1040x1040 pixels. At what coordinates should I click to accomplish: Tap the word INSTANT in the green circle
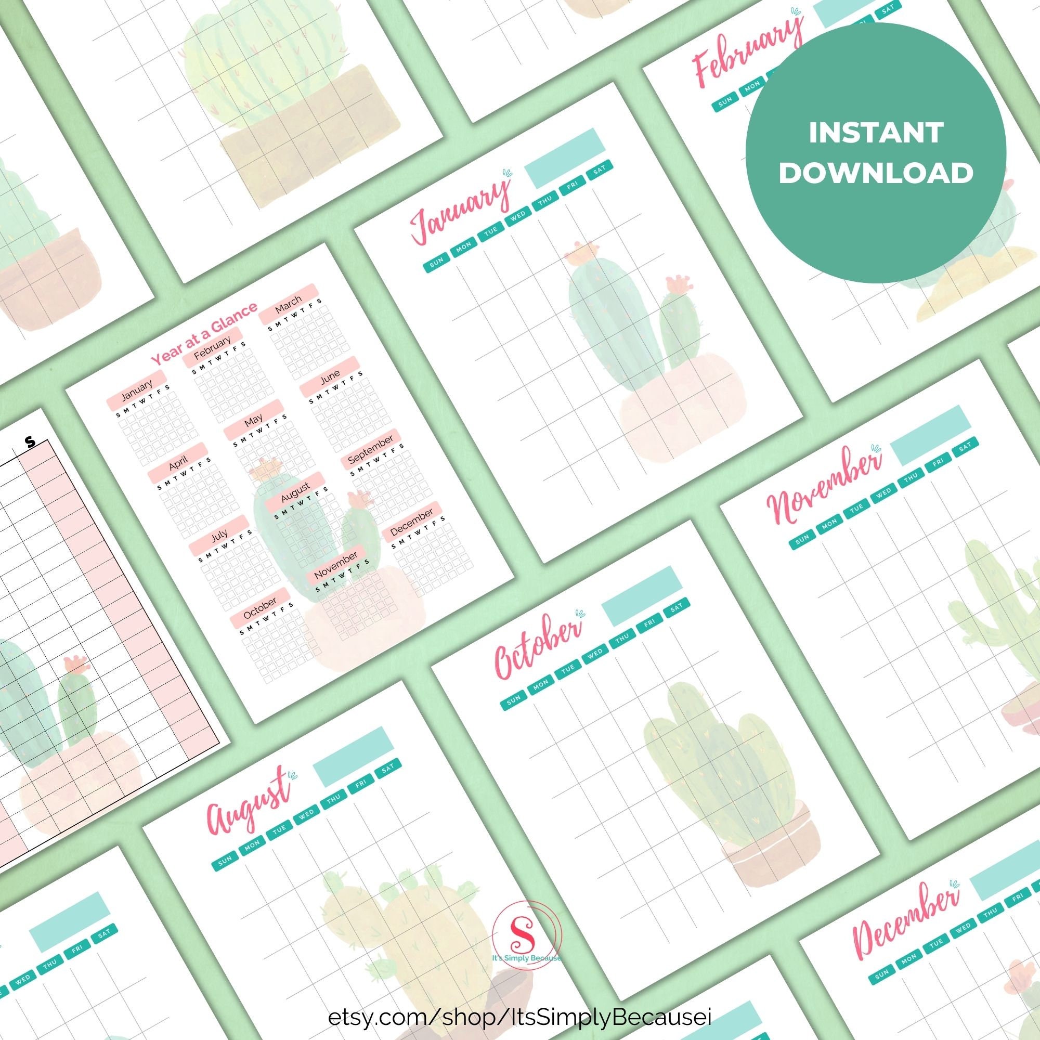pos(876,133)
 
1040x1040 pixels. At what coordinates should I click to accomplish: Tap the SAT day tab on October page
pos(677,608)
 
